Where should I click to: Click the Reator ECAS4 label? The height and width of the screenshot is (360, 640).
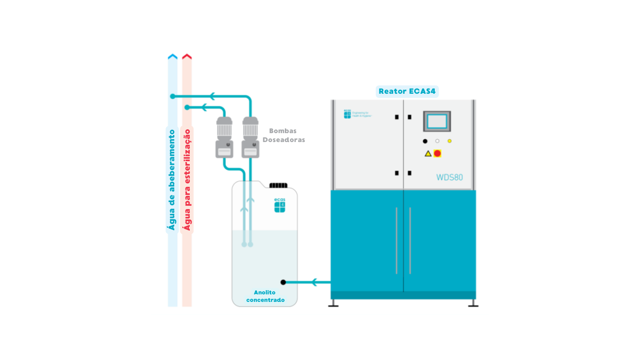pyautogui.click(x=407, y=91)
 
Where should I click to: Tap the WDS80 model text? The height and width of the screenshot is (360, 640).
pyautogui.click(x=449, y=177)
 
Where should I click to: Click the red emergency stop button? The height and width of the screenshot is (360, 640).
pyautogui.click(x=438, y=153)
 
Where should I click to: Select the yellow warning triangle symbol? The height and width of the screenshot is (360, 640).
pyautogui.click(x=428, y=153)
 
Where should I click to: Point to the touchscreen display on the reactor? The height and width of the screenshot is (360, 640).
pyautogui.click(x=437, y=121)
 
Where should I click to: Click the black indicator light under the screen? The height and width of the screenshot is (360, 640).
pyautogui.click(x=425, y=141)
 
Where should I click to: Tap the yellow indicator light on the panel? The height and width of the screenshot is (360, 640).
pyautogui.click(x=449, y=141)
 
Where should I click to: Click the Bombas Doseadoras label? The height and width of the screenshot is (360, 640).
pyautogui.click(x=283, y=135)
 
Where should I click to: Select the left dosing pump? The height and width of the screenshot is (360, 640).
pyautogui.click(x=224, y=137)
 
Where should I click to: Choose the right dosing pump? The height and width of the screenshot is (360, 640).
pyautogui.click(x=250, y=137)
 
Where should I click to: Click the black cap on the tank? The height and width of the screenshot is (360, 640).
pyautogui.click(x=278, y=185)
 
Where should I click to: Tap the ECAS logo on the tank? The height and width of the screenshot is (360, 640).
pyautogui.click(x=280, y=205)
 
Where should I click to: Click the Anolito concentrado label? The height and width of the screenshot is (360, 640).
pyautogui.click(x=265, y=296)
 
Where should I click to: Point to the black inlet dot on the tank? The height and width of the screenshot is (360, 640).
pyautogui.click(x=283, y=282)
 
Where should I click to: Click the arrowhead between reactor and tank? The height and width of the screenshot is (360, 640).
pyautogui.click(x=314, y=282)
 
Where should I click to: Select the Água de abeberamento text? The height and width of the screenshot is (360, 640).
pyautogui.click(x=172, y=180)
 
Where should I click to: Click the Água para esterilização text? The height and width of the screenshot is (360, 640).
pyautogui.click(x=187, y=180)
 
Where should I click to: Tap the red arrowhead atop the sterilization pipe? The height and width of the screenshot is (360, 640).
pyautogui.click(x=187, y=57)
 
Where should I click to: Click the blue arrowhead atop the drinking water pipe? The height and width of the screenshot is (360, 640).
pyautogui.click(x=172, y=57)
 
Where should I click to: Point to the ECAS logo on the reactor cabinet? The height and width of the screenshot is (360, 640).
pyautogui.click(x=347, y=114)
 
